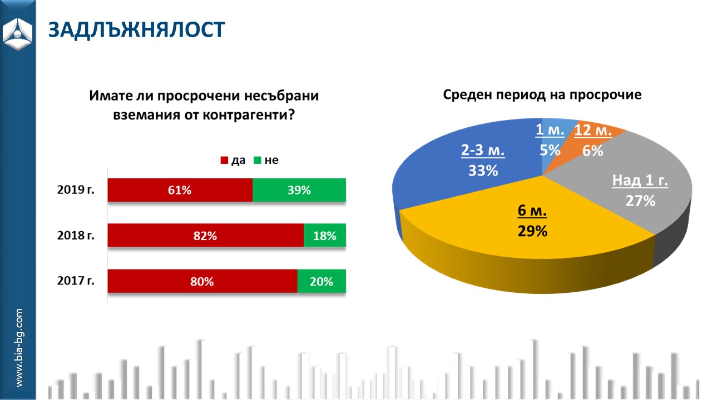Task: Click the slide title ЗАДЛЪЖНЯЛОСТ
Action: click(x=136, y=30)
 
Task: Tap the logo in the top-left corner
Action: click(x=18, y=33)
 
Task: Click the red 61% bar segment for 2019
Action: click(x=180, y=191)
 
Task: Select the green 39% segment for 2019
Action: click(x=299, y=191)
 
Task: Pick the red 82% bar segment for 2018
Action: click(x=205, y=236)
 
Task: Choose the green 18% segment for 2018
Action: click(x=325, y=236)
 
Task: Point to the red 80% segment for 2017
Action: click(x=202, y=281)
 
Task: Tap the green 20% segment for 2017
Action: click(x=322, y=281)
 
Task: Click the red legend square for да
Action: click(x=224, y=161)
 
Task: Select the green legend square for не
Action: click(x=258, y=161)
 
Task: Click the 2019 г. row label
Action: click(x=76, y=189)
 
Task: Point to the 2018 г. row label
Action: click(x=76, y=235)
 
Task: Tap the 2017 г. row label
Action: click(x=76, y=280)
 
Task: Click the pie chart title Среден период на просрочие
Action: click(x=542, y=94)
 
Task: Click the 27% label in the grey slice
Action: click(x=640, y=201)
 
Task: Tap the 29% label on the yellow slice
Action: click(x=532, y=231)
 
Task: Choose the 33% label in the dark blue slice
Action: click(x=482, y=171)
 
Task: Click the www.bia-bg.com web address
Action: click(x=19, y=348)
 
